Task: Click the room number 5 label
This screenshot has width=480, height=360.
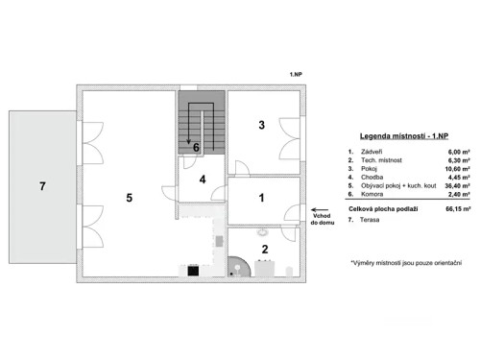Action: coord(128,199)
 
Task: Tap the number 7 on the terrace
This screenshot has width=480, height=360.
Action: coord(42,185)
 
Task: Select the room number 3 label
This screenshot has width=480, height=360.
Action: coord(260,125)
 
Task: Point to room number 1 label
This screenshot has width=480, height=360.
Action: coord(261,198)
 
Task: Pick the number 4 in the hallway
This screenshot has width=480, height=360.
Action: coord(203,179)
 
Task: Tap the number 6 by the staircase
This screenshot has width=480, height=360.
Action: coord(196,148)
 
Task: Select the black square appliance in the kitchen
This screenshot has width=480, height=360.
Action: coord(193,270)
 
